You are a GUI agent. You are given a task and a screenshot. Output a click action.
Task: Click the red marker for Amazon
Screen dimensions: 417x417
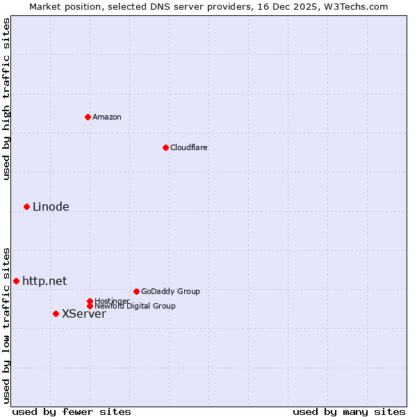pyautogui.click(x=88, y=117)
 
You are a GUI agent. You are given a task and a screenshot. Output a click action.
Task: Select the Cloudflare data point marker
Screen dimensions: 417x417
pyautogui.click(x=165, y=147)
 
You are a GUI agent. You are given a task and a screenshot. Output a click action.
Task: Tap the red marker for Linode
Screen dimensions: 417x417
pyautogui.click(x=26, y=206)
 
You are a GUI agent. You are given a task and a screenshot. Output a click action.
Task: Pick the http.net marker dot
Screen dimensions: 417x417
pyautogui.click(x=16, y=281)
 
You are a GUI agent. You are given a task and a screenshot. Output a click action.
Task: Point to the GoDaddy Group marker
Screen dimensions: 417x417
pyautogui.click(x=136, y=291)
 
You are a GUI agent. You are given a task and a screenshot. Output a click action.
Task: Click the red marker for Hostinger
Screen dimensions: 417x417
pyautogui.click(x=90, y=301)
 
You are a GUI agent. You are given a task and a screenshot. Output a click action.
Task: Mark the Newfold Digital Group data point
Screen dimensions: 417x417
pyautogui.click(x=90, y=306)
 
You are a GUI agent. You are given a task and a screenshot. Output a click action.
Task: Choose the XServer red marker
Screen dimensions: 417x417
pyautogui.click(x=56, y=313)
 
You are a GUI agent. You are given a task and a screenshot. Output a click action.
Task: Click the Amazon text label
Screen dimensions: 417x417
pyautogui.click(x=107, y=117)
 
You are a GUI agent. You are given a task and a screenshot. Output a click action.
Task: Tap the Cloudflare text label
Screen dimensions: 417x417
pyautogui.click(x=189, y=147)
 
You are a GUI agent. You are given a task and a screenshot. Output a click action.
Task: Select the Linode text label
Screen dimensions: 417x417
pyautogui.click(x=51, y=206)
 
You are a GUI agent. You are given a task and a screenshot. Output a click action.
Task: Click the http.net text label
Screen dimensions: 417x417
pyautogui.click(x=44, y=281)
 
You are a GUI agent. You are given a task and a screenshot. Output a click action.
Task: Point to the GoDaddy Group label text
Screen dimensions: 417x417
pyautogui.click(x=170, y=291)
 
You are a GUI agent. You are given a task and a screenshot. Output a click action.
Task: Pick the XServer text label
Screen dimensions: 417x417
pyautogui.click(x=84, y=313)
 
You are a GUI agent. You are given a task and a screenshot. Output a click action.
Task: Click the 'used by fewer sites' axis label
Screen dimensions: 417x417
pyautogui.click(x=72, y=411)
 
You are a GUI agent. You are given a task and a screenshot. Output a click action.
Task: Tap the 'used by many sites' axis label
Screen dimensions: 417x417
pyautogui.click(x=349, y=411)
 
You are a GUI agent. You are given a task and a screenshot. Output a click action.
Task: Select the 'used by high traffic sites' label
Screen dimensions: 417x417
pyautogui.click(x=6, y=99)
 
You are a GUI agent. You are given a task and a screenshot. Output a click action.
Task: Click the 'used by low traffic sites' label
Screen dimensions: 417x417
pyautogui.click(x=6, y=325)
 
